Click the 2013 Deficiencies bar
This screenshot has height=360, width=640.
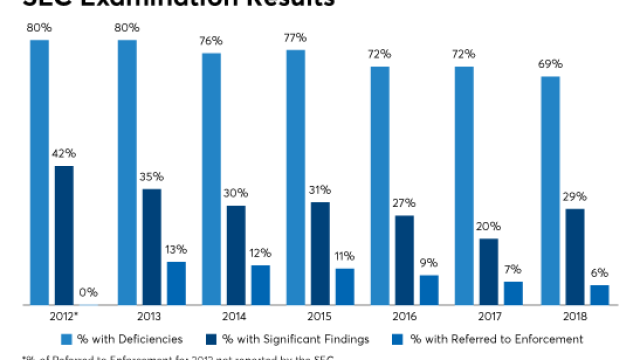[x=127, y=172]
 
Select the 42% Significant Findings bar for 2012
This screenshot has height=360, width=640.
[x=64, y=235]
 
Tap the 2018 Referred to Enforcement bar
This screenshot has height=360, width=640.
[x=599, y=294]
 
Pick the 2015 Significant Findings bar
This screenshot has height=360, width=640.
[x=320, y=253]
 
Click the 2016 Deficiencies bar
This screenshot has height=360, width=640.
[x=380, y=185]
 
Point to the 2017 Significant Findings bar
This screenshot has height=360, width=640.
[x=488, y=271]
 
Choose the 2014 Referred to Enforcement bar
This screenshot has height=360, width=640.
[x=260, y=284]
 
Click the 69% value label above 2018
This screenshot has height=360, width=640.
[x=550, y=64]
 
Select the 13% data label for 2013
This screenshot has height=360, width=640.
[x=176, y=249]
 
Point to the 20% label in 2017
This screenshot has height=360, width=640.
[x=488, y=226]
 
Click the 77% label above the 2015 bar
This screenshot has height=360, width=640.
[x=295, y=38]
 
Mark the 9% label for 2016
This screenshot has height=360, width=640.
[x=428, y=263]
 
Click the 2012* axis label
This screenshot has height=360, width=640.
[x=64, y=317]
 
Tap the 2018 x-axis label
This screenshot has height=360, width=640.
[x=575, y=317]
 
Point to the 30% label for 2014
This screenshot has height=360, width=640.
[x=236, y=193]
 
